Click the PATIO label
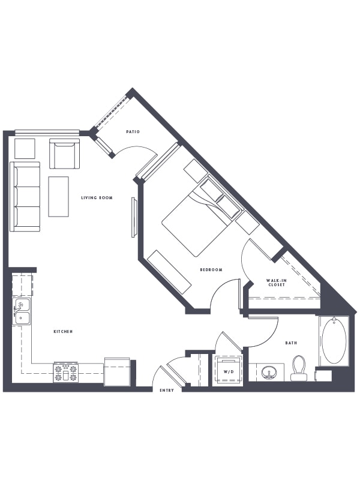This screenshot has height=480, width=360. point(133,131)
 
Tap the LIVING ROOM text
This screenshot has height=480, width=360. point(97,198)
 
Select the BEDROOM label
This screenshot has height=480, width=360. point(211,269)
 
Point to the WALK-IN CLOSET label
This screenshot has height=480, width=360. point(277,283)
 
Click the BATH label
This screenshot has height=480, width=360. point(291,343)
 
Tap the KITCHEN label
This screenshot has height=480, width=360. point(63,332)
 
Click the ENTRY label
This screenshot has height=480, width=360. point(167,391)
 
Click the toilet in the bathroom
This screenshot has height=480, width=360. point(299,368)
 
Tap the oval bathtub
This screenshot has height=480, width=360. point(334,341)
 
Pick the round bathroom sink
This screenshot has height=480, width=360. point(269,373)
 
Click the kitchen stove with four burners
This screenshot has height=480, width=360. point(66,372)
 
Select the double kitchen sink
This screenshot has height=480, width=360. point(22,311)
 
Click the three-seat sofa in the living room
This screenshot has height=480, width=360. point(25,197)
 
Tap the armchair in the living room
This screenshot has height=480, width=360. point(64,154)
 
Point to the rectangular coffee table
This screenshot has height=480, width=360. point(58,197)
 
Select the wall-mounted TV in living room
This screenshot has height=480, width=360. point(134,217)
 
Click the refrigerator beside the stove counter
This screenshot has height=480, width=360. point(116,371)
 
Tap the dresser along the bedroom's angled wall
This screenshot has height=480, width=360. point(169,272)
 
